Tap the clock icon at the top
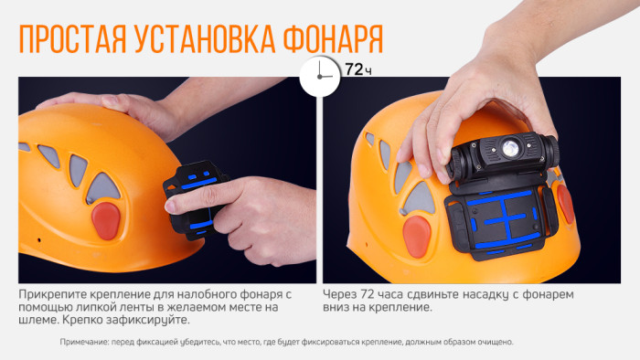tap(318, 76)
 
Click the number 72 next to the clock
tap(353, 69)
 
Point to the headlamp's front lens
tap(507, 147)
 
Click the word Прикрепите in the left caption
tap(52, 295)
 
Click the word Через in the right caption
tap(342, 295)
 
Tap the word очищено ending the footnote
tap(491, 342)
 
